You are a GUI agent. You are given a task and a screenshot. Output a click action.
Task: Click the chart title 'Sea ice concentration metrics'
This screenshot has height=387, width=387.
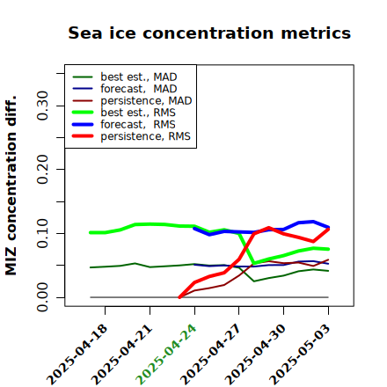pyautogui.click(x=209, y=33)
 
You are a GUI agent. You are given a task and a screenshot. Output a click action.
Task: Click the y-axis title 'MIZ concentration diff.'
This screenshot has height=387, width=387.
pyautogui.click(x=11, y=186)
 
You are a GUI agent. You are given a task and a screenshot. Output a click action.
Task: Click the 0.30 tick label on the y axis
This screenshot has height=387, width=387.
pyautogui.click(x=42, y=106)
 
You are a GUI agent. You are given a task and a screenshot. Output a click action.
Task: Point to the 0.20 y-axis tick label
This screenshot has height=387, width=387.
pyautogui.click(x=42, y=170)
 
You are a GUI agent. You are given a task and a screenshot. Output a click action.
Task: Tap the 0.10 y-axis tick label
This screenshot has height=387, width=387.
pyautogui.click(x=42, y=233)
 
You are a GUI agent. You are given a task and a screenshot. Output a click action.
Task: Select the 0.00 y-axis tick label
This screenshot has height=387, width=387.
pyautogui.click(x=42, y=297)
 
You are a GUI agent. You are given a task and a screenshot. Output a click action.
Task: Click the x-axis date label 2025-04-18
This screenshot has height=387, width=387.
pyautogui.click(x=77, y=354)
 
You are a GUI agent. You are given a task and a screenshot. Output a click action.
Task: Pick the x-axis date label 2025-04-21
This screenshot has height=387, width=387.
pyautogui.click(x=122, y=354)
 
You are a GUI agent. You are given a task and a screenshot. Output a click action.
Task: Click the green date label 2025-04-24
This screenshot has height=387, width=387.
pyautogui.click(x=166, y=354)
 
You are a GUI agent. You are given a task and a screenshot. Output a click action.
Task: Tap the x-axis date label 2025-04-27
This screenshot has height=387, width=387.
pyautogui.click(x=211, y=354)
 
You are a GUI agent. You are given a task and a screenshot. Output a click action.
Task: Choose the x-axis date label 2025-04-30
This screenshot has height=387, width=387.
pyautogui.click(x=255, y=354)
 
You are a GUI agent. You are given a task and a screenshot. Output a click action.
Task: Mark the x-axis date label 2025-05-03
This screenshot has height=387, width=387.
pyautogui.click(x=300, y=354)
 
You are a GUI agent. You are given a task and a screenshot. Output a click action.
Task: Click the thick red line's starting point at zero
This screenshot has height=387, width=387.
pyautogui.click(x=179, y=297)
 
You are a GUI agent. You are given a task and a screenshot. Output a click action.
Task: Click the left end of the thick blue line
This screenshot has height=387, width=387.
pyautogui.click(x=194, y=228)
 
